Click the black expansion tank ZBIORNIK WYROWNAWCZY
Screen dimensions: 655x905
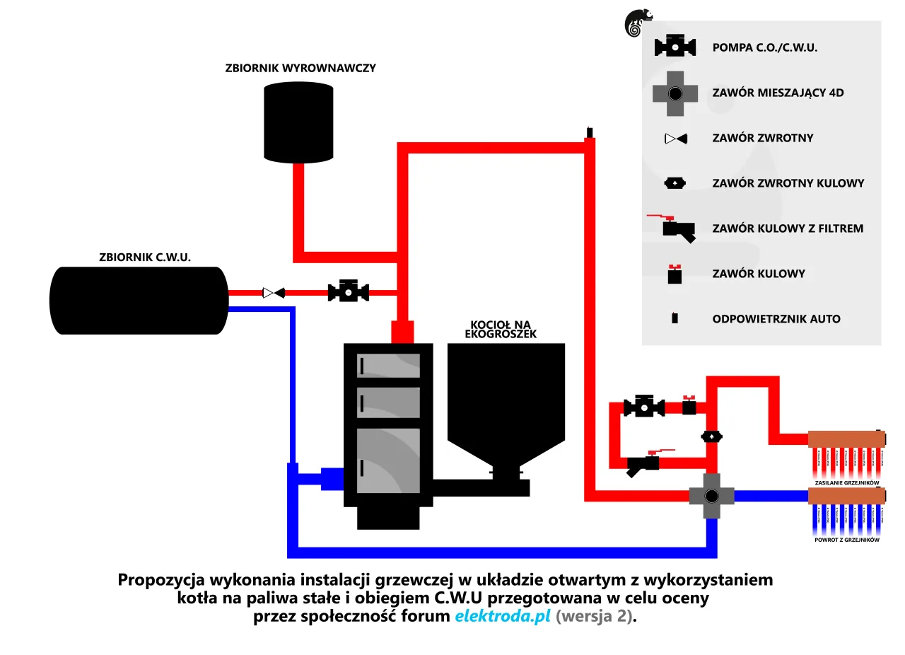pyautogui.click(x=298, y=122)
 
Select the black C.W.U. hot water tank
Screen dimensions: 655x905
pyautogui.click(x=139, y=300)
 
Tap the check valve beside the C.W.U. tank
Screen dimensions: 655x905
pyautogui.click(x=273, y=292)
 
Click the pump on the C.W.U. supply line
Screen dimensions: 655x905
pyautogui.click(x=348, y=291)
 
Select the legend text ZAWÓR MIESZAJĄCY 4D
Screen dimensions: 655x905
pyautogui.click(x=778, y=93)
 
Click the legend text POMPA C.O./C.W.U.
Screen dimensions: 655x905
pyautogui.click(x=764, y=47)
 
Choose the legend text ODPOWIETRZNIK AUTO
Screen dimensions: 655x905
pyautogui.click(x=776, y=319)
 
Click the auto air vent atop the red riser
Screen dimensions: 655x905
pyautogui.click(x=589, y=132)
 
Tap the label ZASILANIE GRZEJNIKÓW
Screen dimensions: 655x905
pyautogui.click(x=846, y=482)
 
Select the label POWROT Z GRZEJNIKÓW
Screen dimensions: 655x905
pyautogui.click(x=846, y=540)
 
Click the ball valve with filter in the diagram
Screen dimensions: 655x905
pyautogui.click(x=643, y=464)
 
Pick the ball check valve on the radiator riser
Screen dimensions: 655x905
pyautogui.click(x=711, y=437)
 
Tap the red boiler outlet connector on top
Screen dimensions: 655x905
pyautogui.click(x=402, y=331)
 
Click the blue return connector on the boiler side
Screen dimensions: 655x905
pyautogui.click(x=331, y=478)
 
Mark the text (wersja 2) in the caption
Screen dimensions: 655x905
pyautogui.click(x=595, y=616)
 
